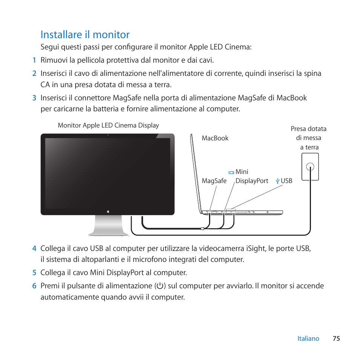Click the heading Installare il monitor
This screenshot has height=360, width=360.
click(x=85, y=35)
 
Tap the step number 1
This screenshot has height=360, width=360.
click(x=34, y=60)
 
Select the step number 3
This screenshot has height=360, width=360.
click(x=34, y=98)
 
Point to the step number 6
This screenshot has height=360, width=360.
click(x=34, y=286)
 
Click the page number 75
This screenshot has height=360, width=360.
click(x=336, y=338)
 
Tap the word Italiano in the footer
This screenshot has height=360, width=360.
click(x=308, y=338)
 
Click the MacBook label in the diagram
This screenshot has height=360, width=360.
click(x=215, y=138)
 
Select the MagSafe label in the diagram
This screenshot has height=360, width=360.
click(x=214, y=181)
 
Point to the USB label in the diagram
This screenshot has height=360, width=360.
click(x=286, y=181)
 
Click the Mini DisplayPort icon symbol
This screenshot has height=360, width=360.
click(x=231, y=172)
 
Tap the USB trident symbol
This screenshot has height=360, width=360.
click(x=278, y=181)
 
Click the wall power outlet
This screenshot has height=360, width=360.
click(x=310, y=166)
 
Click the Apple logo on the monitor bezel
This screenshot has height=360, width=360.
click(x=108, y=211)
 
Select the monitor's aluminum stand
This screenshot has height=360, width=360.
click(x=108, y=226)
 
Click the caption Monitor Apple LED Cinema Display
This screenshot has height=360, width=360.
click(x=108, y=125)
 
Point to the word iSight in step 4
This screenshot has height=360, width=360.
click(x=256, y=248)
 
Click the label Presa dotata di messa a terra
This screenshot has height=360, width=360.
click(x=309, y=138)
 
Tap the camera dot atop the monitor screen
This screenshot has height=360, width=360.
click(x=108, y=135)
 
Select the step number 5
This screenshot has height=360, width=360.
click(x=34, y=272)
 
